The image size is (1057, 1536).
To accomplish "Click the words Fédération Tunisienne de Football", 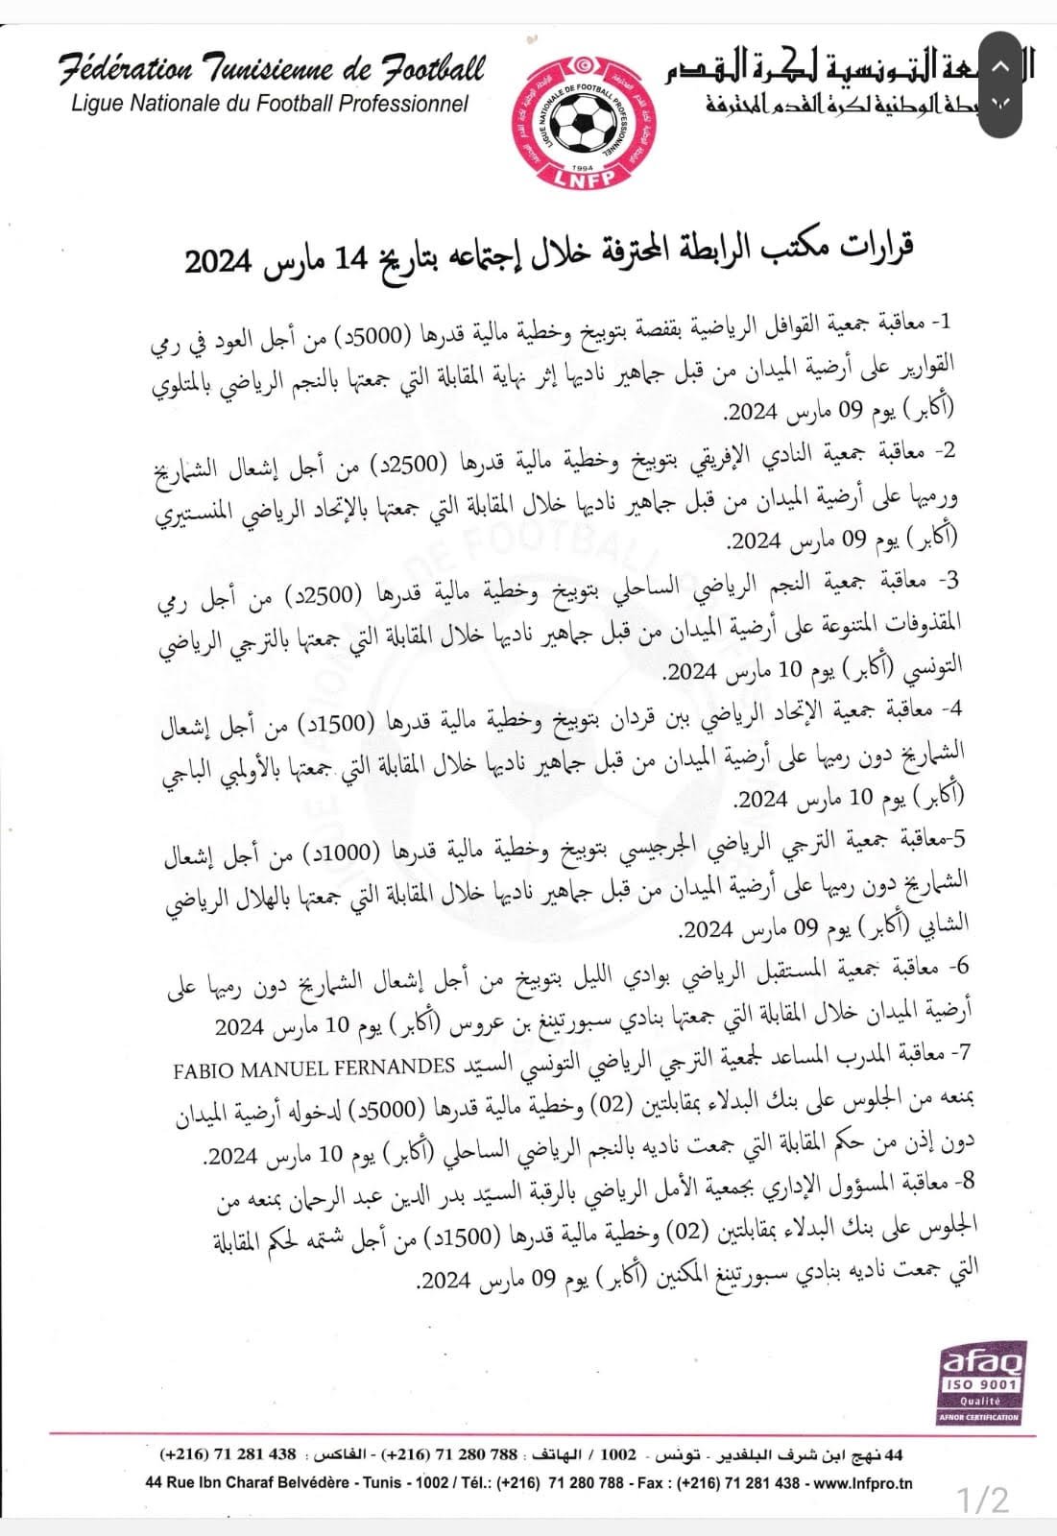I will (272, 70).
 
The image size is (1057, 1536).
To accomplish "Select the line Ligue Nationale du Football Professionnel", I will (270, 103).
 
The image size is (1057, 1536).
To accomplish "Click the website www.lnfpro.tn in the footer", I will (861, 1482).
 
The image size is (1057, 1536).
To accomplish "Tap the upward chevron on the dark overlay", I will (998, 67).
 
